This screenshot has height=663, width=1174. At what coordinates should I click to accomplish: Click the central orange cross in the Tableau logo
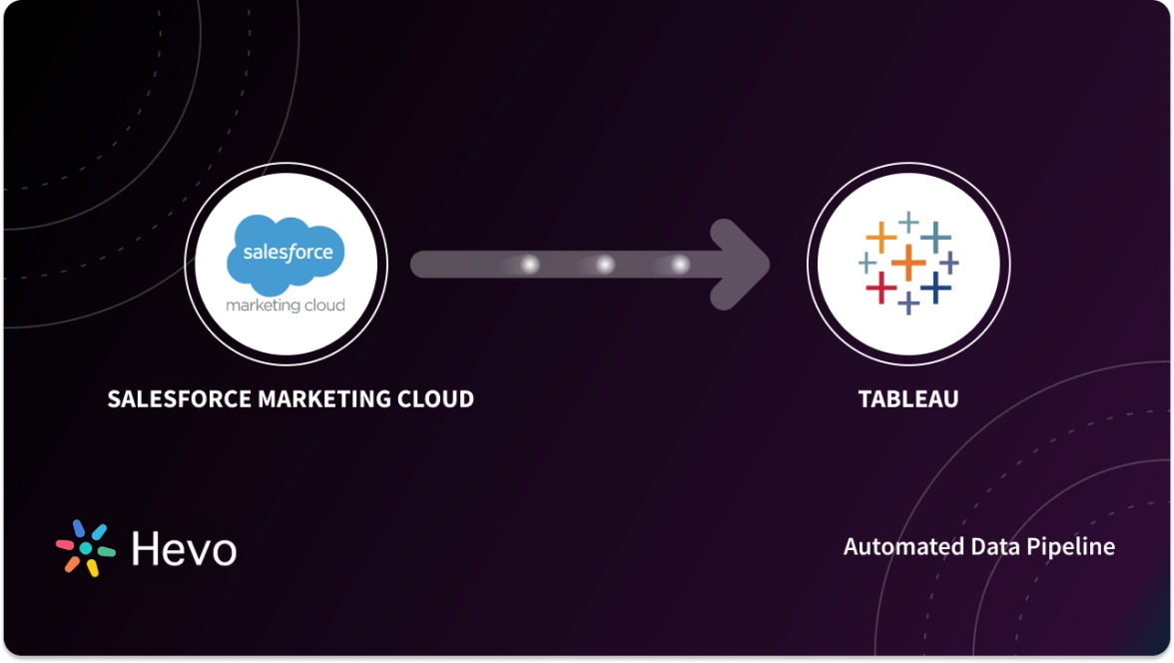pyautogui.click(x=908, y=264)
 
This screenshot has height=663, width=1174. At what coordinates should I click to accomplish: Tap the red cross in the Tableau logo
pyautogui.click(x=880, y=289)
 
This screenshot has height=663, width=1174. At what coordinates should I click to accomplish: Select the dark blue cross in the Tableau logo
pyautogui.click(x=935, y=288)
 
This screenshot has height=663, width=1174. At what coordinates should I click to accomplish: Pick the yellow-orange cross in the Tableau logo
pyautogui.click(x=881, y=238)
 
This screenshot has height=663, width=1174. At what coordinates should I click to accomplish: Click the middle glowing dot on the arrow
pyautogui.click(x=604, y=265)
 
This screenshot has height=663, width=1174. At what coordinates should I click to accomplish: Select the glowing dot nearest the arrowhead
pyautogui.click(x=679, y=265)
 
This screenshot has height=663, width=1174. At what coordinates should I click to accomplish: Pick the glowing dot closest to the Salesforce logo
pyautogui.click(x=529, y=265)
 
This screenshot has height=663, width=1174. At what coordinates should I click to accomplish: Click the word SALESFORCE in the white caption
pyautogui.click(x=179, y=399)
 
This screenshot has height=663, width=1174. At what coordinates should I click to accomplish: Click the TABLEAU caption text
pyautogui.click(x=908, y=399)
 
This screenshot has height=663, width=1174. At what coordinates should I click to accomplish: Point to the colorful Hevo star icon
pyautogui.click(x=86, y=548)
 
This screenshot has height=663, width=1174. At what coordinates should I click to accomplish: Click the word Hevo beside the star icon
pyautogui.click(x=184, y=549)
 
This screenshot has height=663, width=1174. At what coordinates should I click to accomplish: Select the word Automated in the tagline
pyautogui.click(x=903, y=547)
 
